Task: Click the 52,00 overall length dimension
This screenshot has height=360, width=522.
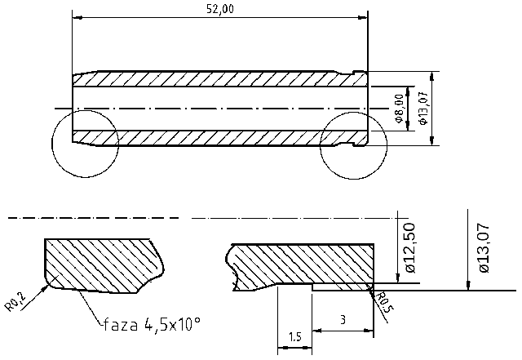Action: click(x=220, y=9)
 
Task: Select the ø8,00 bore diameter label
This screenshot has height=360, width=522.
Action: click(x=398, y=108)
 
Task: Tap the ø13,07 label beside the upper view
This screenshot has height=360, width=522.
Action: click(x=422, y=108)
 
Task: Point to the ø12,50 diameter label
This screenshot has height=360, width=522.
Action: click(x=410, y=247)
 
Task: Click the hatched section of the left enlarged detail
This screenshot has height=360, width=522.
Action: click(x=98, y=265)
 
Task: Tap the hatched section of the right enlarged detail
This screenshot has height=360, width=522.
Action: click(x=302, y=263)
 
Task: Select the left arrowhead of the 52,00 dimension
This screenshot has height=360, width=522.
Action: click(x=77, y=16)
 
